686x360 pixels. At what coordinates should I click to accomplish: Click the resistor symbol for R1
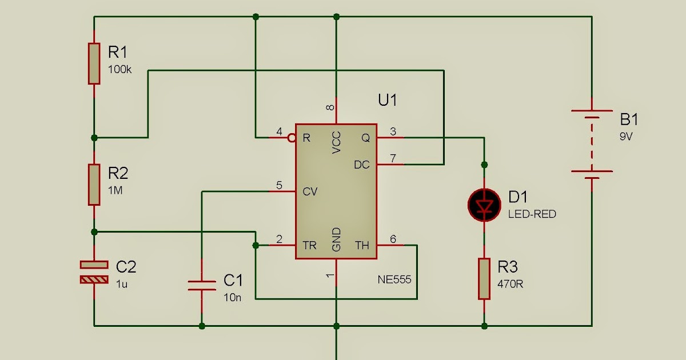(x=94, y=63)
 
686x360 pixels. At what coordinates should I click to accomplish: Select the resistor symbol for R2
(x=94, y=184)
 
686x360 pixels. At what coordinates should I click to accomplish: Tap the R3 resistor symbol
(x=484, y=279)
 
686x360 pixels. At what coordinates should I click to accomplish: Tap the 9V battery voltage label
(x=627, y=137)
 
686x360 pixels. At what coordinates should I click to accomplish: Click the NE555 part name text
(x=394, y=280)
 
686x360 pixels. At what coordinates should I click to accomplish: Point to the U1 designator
(x=387, y=101)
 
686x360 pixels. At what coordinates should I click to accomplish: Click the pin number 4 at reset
(x=279, y=131)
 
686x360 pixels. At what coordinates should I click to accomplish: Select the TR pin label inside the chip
(x=309, y=245)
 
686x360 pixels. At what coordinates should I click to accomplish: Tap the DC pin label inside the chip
(x=362, y=165)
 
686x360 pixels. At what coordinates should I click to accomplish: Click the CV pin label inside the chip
(x=309, y=191)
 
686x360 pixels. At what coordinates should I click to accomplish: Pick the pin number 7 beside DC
(x=393, y=158)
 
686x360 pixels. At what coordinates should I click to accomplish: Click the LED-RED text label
(x=532, y=214)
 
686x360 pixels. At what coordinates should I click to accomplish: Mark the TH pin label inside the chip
(x=362, y=245)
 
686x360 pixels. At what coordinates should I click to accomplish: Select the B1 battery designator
(x=629, y=120)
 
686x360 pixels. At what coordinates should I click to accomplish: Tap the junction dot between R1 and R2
(x=94, y=138)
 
